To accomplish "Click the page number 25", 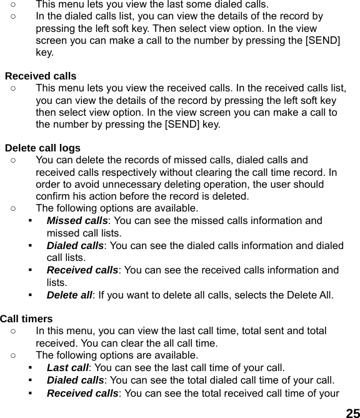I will [x=352, y=412].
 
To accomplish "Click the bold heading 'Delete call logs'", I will [x=42, y=148].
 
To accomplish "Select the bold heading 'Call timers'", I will [x=26, y=319].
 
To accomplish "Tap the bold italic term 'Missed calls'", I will [x=77, y=221].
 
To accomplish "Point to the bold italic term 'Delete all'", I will [x=69, y=294].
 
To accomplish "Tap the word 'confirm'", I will [x=54, y=196].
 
